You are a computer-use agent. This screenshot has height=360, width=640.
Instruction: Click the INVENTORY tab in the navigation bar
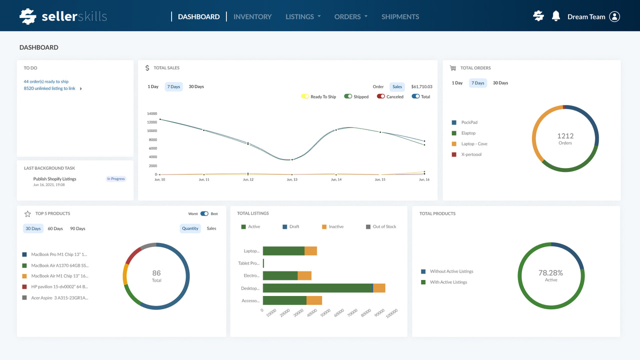pos(252,16)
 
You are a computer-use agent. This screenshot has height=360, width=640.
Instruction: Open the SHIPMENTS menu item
pos(400,16)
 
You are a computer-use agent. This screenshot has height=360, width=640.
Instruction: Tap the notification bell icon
pos(556,16)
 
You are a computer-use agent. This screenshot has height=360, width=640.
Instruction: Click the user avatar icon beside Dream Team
pos(614,16)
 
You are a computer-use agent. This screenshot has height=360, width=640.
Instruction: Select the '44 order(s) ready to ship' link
pos(46,81)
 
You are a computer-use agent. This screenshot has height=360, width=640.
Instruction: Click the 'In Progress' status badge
pos(115,178)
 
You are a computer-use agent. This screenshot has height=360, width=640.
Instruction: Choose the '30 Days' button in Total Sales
pos(196,86)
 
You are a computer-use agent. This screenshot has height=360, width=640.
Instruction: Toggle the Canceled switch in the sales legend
pos(381,96)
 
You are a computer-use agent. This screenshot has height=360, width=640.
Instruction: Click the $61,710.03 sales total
pos(421,86)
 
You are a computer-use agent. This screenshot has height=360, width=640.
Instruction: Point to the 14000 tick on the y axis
pos(151,113)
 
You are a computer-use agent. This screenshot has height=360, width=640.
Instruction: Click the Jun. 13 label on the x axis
pos(292,179)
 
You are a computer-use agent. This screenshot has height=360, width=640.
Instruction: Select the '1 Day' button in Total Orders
pos(457,83)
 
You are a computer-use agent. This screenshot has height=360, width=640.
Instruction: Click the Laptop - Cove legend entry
pos(474,144)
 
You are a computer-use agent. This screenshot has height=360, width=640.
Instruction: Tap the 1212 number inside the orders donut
pos(565,135)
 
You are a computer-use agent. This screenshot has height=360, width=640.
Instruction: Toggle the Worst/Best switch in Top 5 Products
pos(204,213)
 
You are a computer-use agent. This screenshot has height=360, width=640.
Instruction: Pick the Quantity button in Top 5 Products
pos(190,228)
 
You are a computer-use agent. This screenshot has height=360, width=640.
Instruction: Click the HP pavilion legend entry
pos(59,287)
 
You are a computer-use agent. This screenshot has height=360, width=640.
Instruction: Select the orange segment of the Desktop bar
pos(379,288)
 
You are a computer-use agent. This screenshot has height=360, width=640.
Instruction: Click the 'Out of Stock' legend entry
pos(384,226)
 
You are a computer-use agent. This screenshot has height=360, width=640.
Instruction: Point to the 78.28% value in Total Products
pos(550,272)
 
